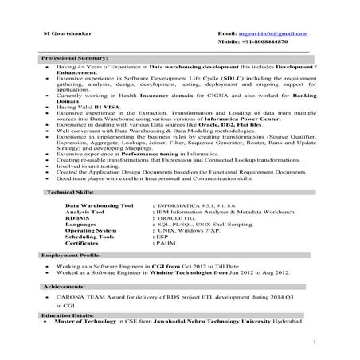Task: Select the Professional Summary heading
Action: coord(75,59)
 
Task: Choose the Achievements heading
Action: coord(64,284)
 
